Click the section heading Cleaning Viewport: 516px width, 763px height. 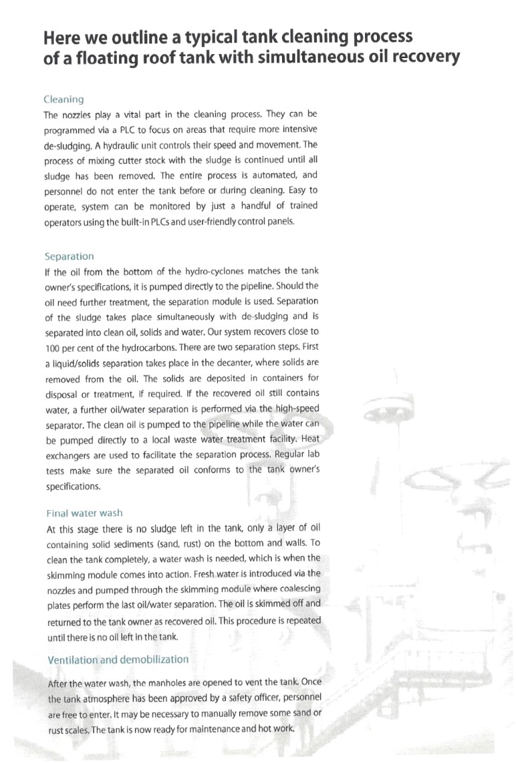64,99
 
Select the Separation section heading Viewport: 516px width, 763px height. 69,256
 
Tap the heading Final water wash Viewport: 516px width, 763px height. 84,513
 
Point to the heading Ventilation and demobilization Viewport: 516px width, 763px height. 118,659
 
